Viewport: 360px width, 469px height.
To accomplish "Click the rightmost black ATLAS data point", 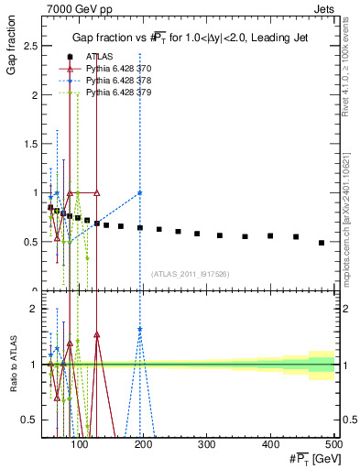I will pos(321,243).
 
